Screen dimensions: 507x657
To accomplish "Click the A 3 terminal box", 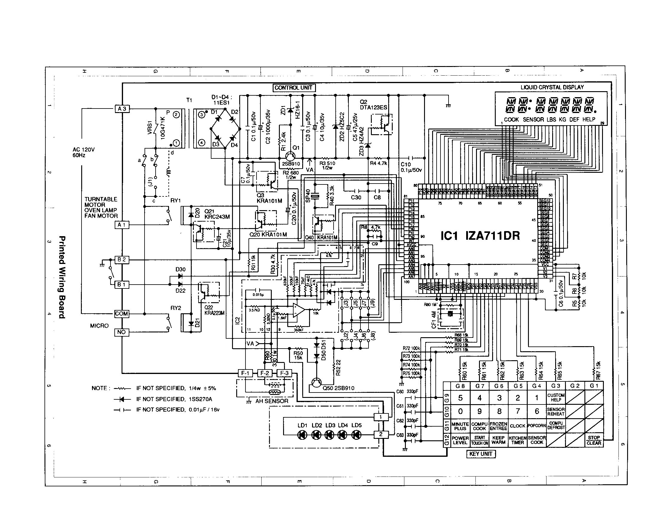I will point(122,109).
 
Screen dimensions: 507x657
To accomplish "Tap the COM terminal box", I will point(122,314).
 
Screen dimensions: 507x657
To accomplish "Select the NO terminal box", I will point(122,332).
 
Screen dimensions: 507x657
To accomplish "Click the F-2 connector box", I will point(265,373).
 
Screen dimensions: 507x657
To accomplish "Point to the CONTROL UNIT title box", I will point(294,88).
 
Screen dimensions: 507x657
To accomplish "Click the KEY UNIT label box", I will point(481,454).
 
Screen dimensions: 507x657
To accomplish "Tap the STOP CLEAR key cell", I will point(594,440).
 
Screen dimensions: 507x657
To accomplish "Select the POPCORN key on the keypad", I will point(537,426).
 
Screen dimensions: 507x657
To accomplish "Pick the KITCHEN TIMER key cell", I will point(518,440).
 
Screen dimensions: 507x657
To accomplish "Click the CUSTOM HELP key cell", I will point(556,397).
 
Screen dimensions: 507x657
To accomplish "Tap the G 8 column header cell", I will point(460,386).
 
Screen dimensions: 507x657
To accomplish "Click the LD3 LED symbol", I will point(329,435).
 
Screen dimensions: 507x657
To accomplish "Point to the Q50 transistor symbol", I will point(316,382).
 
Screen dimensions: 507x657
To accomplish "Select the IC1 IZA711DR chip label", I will point(480,236).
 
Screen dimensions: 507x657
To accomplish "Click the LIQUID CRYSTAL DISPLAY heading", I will point(552,87).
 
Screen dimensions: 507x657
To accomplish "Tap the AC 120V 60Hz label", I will point(83,152).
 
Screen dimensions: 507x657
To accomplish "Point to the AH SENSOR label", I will point(272,401).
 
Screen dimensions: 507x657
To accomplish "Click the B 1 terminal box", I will point(122,285).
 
